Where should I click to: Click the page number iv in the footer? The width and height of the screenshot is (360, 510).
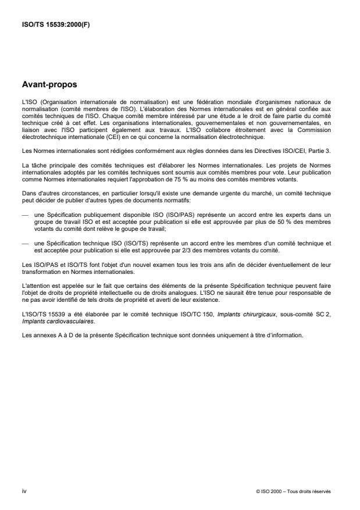point(24,491)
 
